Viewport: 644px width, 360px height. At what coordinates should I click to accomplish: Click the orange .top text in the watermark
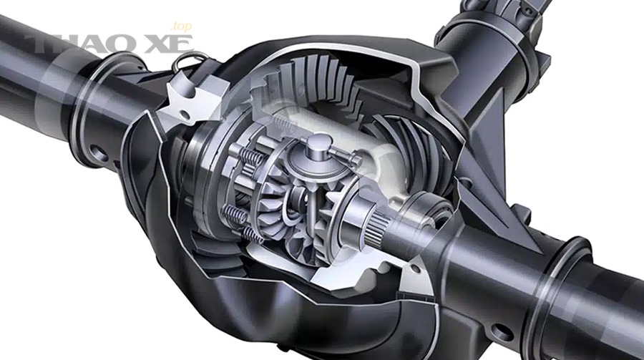pyautogui.click(x=181, y=26)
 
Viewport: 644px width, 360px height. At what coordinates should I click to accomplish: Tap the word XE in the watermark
pyautogui.click(x=169, y=44)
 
